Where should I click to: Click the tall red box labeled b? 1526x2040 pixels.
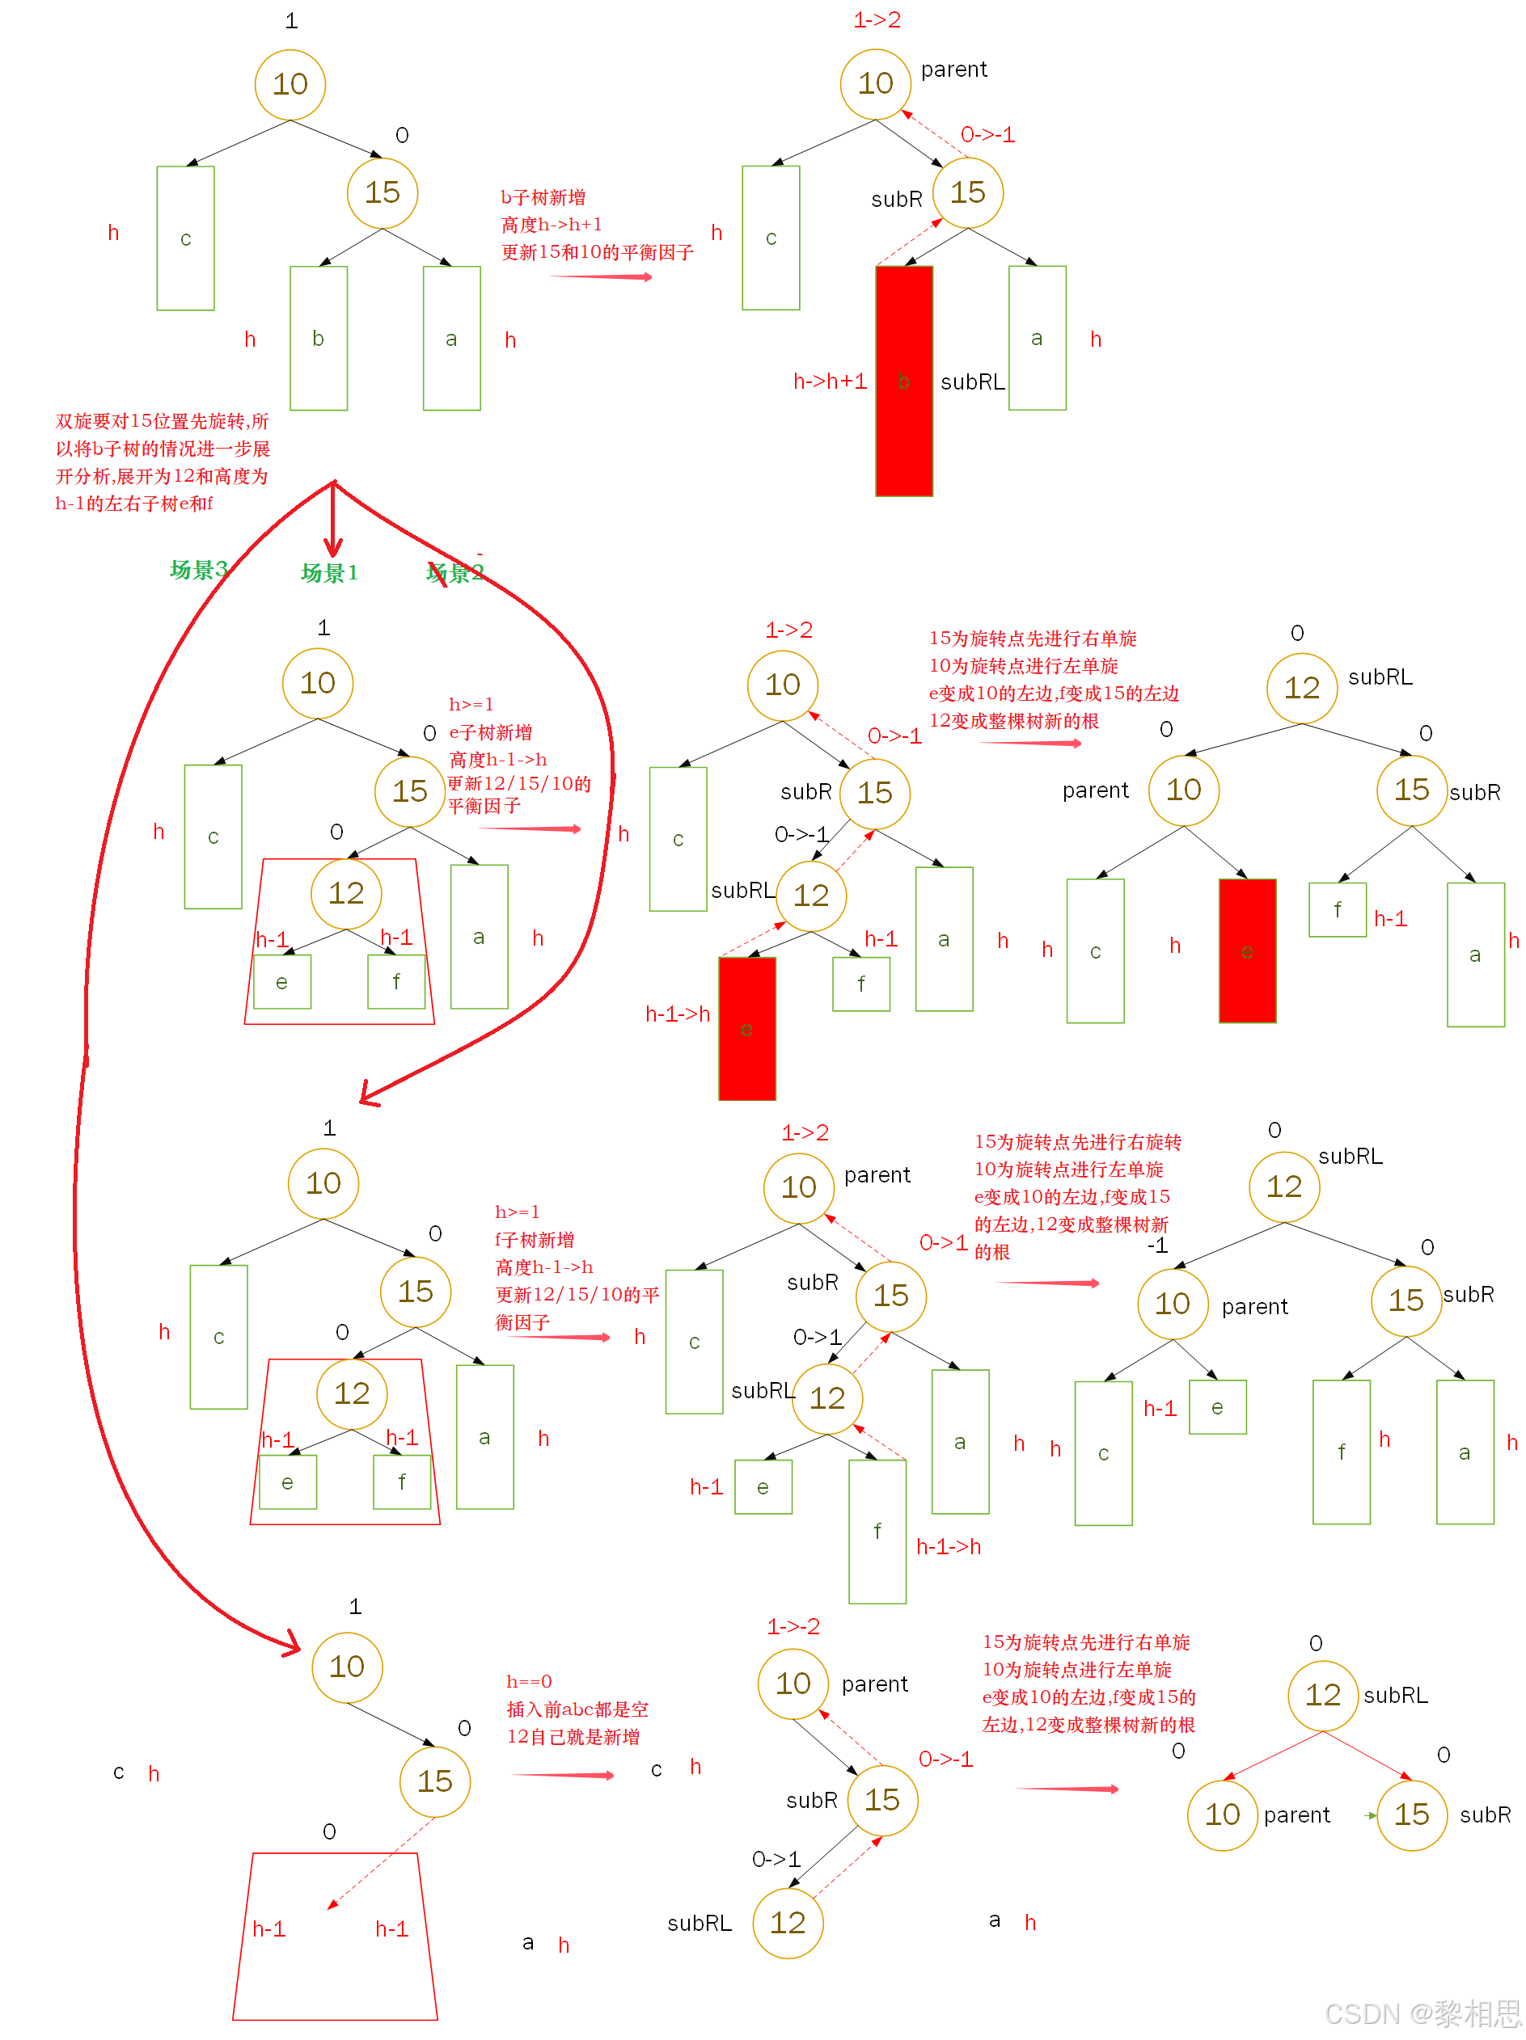[x=903, y=381]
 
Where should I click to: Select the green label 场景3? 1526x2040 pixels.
[x=197, y=569]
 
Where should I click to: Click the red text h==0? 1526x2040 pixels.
[x=529, y=1681]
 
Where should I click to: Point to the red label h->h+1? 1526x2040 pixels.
[x=830, y=381]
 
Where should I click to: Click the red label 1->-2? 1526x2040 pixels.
[x=793, y=1626]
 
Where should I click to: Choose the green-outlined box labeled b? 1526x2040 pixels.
[x=319, y=339]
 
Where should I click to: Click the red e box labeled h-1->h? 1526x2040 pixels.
[x=746, y=1028]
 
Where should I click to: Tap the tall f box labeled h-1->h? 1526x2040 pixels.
[x=877, y=1531]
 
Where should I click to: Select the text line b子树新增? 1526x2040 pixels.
[x=543, y=197]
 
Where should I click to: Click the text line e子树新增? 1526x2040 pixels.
[x=490, y=732]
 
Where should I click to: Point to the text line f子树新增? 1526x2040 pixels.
[x=535, y=1240]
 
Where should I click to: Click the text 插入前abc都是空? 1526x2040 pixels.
[x=577, y=1709]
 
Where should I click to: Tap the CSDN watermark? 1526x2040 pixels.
[x=1422, y=2013]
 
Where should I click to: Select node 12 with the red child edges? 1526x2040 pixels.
[x=1322, y=1695]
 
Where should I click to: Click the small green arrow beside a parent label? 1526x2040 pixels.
[x=1370, y=1816]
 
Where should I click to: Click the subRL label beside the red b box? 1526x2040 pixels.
[x=971, y=381]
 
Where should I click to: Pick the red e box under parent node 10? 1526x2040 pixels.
[x=1246, y=950]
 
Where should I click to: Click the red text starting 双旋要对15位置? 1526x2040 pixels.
[x=162, y=462]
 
